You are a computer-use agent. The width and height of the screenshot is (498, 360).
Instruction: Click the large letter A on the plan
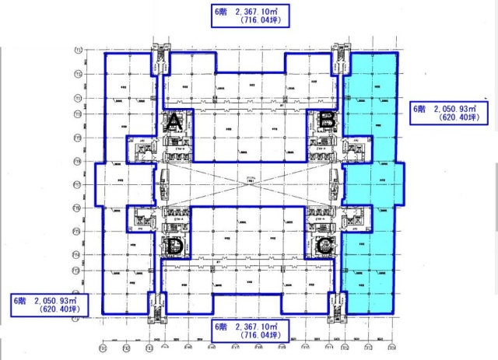pos(175,122)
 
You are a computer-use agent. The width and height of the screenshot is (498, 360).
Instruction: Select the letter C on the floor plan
pos(327,246)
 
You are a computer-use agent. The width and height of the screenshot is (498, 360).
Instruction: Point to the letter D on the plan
pos(175,247)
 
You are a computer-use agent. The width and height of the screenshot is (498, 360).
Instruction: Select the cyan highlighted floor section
pos(370,179)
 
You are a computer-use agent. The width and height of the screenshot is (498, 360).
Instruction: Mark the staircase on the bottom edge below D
pos(156,305)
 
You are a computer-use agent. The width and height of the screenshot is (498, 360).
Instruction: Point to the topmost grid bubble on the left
pos(79,51)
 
